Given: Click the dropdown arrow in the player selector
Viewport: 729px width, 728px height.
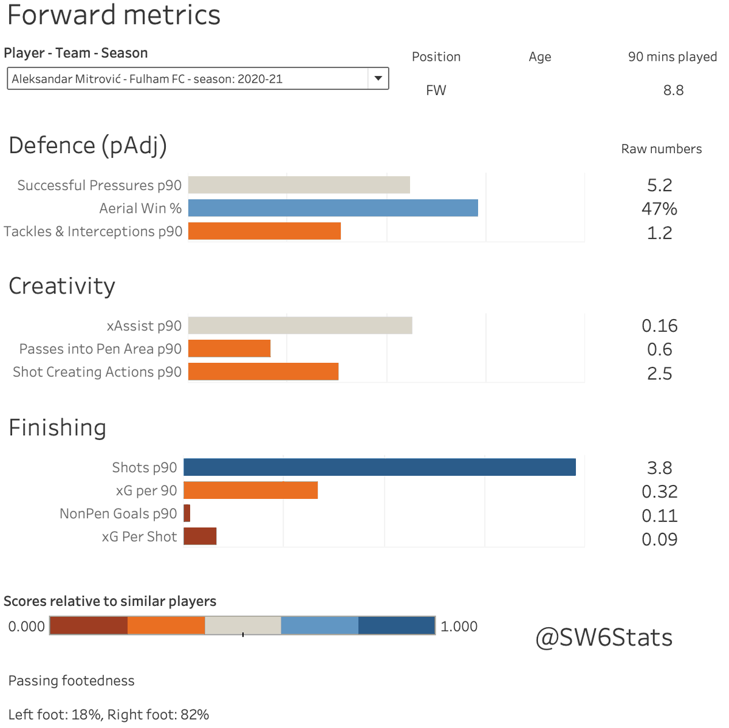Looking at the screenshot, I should pyautogui.click(x=378, y=78).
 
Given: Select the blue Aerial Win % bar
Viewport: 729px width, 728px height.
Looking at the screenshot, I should pyautogui.click(x=333, y=208).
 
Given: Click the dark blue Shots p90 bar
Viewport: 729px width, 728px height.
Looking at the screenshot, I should pyautogui.click(x=379, y=467).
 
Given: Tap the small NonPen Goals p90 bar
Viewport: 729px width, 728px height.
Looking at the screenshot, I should pyautogui.click(x=187, y=513).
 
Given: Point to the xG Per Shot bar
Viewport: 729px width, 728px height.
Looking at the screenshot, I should pyautogui.click(x=200, y=537).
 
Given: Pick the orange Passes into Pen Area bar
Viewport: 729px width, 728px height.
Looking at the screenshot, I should pyautogui.click(x=229, y=349).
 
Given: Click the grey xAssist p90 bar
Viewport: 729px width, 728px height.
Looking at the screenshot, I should pyautogui.click(x=300, y=326).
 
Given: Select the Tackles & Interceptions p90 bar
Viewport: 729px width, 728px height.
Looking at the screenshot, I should pyautogui.click(x=264, y=231).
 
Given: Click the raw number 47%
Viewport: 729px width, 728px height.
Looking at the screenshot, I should pyautogui.click(x=659, y=209).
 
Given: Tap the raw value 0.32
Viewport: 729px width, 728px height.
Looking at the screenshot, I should pyautogui.click(x=659, y=492).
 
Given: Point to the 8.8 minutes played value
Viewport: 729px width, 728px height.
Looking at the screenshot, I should pyautogui.click(x=673, y=91).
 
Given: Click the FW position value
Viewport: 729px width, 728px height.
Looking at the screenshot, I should pyautogui.click(x=436, y=91).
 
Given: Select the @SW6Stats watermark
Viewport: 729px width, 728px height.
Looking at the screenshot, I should pyautogui.click(x=604, y=637).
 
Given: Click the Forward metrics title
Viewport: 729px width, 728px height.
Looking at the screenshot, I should pyautogui.click(x=114, y=15).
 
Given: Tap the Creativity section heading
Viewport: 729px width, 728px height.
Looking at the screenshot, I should pyautogui.click(x=62, y=286).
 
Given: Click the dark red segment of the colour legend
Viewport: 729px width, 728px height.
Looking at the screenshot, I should pyautogui.click(x=89, y=626).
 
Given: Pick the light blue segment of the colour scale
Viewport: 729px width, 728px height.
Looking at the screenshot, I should pyautogui.click(x=320, y=626).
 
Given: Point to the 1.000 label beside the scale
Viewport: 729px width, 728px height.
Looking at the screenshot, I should pyautogui.click(x=459, y=627).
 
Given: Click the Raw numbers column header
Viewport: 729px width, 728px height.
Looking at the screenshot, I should pyautogui.click(x=661, y=149).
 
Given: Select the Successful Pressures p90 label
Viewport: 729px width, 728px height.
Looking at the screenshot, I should pyautogui.click(x=99, y=185).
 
